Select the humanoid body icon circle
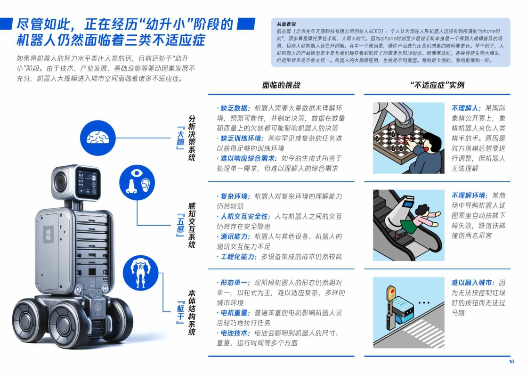click(x=140, y=273)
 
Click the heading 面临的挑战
click(x=281, y=85)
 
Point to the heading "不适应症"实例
click(x=437, y=85)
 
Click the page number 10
click(x=511, y=362)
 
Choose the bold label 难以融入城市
click(x=473, y=283)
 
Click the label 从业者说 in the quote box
click(x=286, y=24)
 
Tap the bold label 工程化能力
click(x=238, y=257)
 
